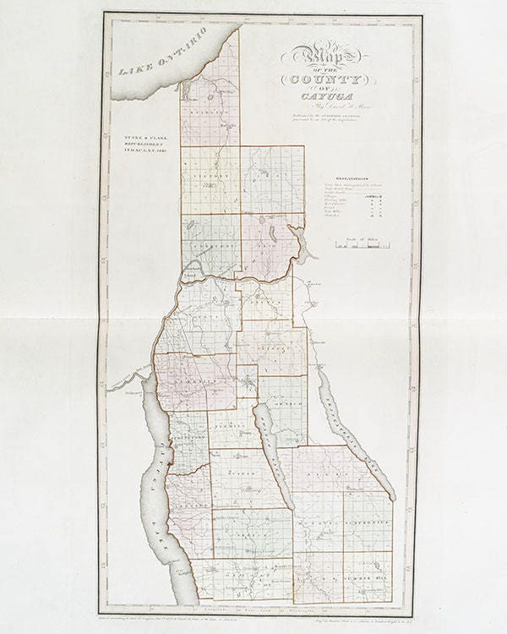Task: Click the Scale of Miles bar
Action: point(361,246)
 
